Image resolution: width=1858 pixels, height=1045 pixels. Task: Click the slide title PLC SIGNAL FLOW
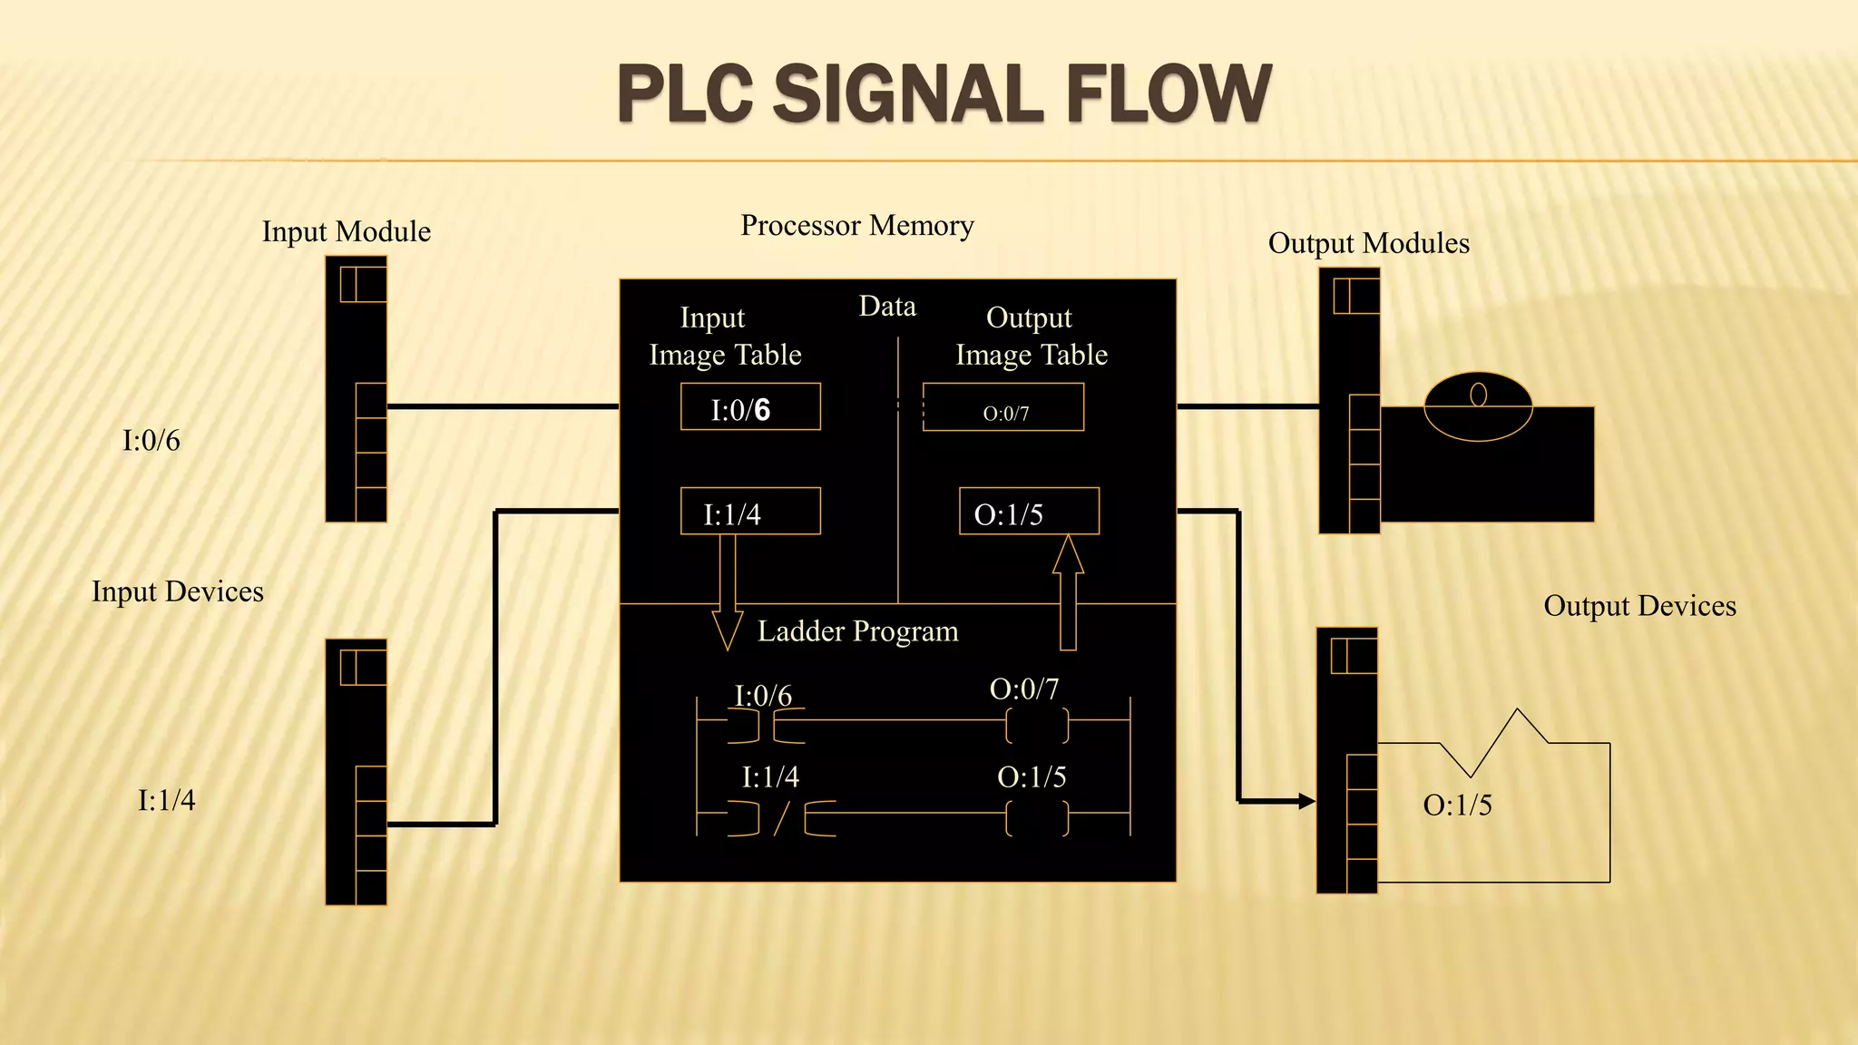(x=944, y=93)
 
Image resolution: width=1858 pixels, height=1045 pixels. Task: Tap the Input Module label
(x=346, y=231)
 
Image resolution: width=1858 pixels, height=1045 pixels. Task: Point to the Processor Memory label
(x=857, y=225)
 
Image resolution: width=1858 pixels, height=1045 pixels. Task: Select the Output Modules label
(x=1368, y=243)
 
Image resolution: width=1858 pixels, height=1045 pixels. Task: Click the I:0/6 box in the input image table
(x=750, y=407)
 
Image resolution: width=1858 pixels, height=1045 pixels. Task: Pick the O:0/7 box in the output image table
(x=1003, y=407)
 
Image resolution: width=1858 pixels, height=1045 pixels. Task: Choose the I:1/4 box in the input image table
(x=750, y=512)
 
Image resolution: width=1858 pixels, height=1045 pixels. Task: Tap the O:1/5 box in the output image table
(x=1029, y=512)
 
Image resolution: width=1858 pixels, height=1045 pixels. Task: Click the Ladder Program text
(x=857, y=631)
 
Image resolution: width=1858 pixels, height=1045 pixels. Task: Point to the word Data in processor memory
(x=887, y=307)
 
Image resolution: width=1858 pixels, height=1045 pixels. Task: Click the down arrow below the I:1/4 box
(x=728, y=594)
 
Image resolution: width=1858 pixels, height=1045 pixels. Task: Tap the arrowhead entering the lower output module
(x=1306, y=801)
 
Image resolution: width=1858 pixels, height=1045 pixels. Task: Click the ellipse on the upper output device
(x=1478, y=407)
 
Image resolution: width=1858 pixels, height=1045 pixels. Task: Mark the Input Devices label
(x=178, y=591)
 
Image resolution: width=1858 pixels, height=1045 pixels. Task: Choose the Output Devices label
(x=1639, y=606)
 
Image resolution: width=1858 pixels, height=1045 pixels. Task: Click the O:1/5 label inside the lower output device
(x=1457, y=805)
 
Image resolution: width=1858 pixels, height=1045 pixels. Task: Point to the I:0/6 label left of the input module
(x=152, y=441)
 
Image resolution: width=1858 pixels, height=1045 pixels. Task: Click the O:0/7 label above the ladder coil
(x=1024, y=689)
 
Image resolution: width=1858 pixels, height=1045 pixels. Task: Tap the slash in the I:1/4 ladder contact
(x=781, y=818)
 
